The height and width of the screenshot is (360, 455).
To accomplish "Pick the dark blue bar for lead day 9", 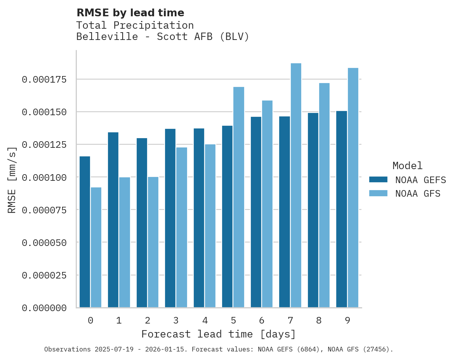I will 342,209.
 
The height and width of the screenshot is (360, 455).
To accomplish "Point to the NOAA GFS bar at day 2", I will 153,242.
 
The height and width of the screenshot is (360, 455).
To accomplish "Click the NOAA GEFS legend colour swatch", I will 378,180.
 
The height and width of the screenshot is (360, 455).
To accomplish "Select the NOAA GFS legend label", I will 418,193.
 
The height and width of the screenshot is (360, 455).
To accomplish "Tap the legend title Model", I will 407,166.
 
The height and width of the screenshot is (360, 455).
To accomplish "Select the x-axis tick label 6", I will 262,320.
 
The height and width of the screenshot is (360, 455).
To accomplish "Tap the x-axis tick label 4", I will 205,320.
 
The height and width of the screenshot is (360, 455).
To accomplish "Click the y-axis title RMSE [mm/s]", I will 12,180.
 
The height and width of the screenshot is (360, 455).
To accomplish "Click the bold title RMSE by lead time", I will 130,13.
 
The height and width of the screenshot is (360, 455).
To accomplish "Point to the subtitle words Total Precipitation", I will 135,25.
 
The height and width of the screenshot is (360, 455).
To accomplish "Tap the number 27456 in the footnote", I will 374,349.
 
